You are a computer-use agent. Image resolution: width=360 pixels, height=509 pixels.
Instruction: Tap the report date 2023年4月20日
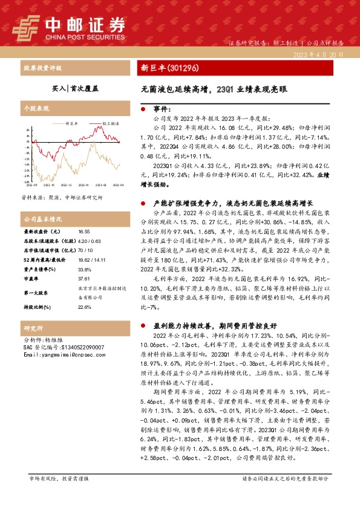click(x=321, y=54)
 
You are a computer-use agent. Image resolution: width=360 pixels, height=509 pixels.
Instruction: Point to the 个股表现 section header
click(x=34, y=106)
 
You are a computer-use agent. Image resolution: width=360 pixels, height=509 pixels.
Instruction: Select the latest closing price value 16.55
click(x=84, y=232)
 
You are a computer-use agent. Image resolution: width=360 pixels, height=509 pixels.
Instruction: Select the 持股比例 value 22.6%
click(x=84, y=307)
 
